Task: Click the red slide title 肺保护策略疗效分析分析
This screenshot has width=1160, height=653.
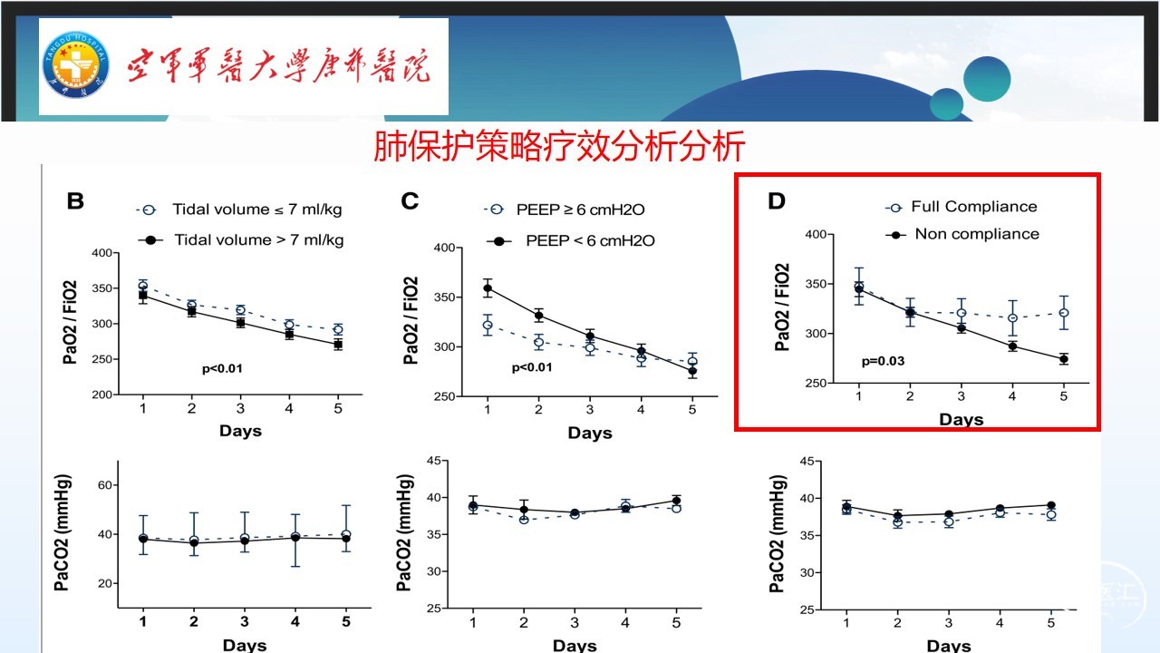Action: click(559, 146)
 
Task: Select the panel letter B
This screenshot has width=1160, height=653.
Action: click(75, 200)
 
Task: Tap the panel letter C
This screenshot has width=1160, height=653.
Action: click(410, 200)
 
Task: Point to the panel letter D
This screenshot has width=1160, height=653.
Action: click(777, 200)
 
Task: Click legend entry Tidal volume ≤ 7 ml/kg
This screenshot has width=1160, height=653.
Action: click(256, 210)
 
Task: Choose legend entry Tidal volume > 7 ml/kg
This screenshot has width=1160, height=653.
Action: click(257, 239)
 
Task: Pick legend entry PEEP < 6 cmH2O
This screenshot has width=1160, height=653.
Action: click(590, 240)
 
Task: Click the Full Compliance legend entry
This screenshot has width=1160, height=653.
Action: click(973, 207)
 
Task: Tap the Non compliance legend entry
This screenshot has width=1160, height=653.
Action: click(976, 234)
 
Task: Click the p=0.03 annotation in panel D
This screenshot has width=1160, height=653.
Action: click(883, 361)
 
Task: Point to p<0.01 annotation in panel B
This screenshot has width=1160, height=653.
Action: click(222, 369)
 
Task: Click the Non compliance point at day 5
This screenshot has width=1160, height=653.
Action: click(1064, 359)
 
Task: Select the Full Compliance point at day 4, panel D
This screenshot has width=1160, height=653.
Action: click(1012, 318)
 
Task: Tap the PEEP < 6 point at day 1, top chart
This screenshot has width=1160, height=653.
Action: click(488, 288)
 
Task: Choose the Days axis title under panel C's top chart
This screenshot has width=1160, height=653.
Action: click(590, 434)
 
